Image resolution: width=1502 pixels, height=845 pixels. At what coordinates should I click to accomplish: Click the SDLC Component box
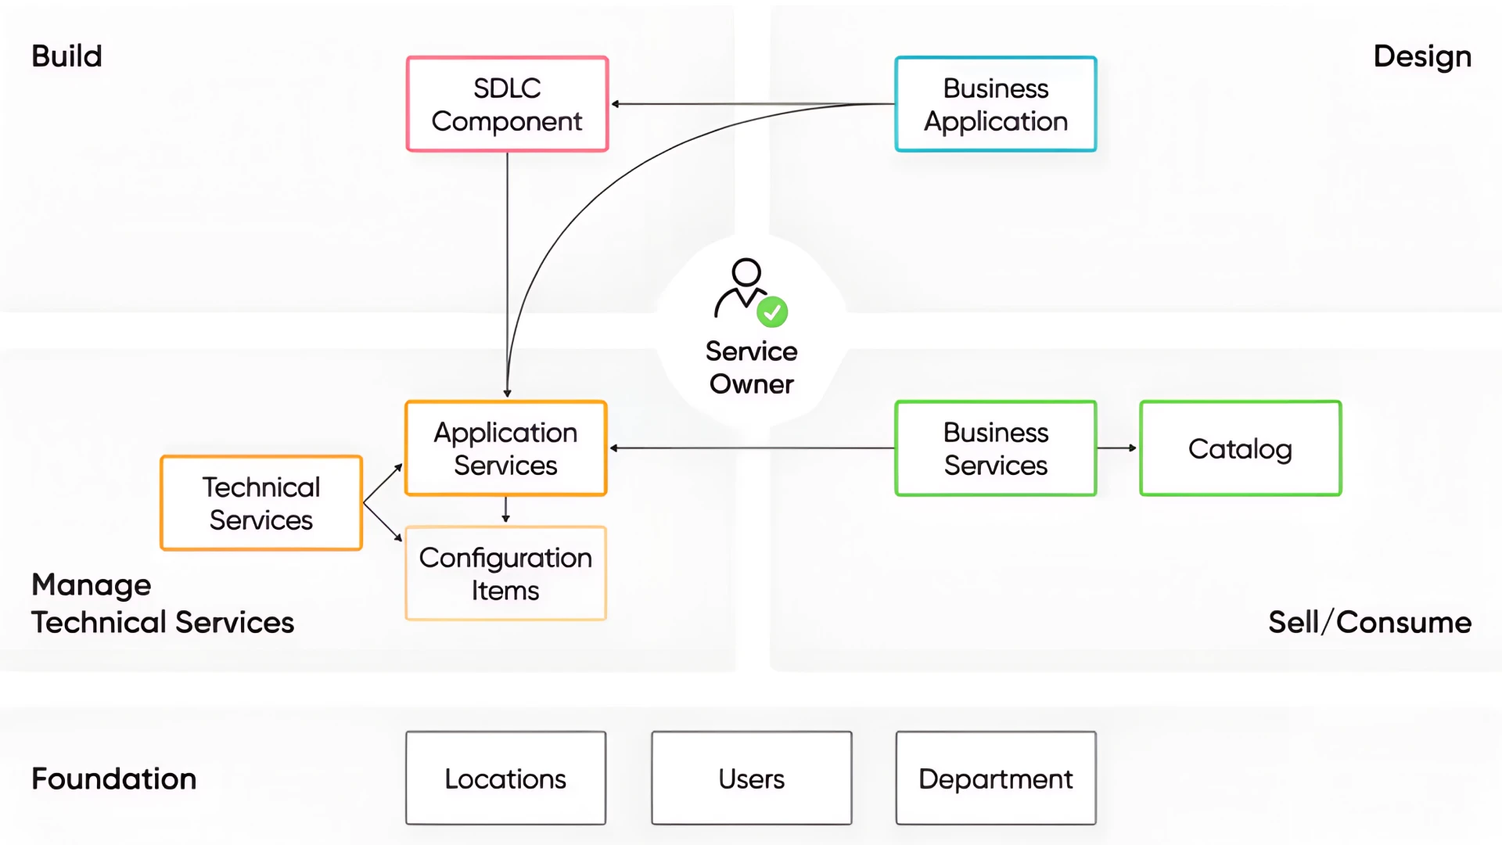[x=507, y=104]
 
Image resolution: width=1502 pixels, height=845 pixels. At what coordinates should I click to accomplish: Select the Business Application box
[x=995, y=104]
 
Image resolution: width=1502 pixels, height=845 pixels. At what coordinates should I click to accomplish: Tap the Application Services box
[x=505, y=448]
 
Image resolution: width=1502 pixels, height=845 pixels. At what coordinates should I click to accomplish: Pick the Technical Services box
[x=261, y=503]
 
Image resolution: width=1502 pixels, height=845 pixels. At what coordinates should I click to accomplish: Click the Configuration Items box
[x=505, y=574]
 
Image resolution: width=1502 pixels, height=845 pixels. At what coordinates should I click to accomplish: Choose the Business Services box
[x=995, y=448]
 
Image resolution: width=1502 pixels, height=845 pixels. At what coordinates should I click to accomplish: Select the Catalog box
[x=1240, y=448]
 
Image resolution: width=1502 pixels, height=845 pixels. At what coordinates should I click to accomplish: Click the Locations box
[x=505, y=778]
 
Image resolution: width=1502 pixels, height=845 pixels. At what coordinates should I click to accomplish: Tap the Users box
[x=751, y=778]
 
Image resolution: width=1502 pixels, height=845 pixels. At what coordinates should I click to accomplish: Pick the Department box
[x=995, y=778]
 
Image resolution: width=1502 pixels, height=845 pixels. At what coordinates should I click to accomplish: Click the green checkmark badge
[x=772, y=312]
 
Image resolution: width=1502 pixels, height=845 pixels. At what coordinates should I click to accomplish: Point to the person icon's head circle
[x=746, y=271]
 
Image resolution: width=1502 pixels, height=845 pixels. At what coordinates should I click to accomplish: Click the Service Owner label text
[x=751, y=368]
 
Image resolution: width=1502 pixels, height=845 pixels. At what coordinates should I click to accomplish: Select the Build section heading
[x=66, y=56]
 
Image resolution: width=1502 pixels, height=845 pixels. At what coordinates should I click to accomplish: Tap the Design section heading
[x=1422, y=56]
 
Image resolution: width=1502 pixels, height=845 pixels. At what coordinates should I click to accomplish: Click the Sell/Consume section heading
[x=1369, y=623]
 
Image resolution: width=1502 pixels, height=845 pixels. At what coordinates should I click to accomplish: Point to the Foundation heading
[x=113, y=779]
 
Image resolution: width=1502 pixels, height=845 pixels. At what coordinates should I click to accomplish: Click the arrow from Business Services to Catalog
[x=1117, y=448]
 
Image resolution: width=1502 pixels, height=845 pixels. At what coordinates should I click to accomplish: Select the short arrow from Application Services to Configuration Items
[x=505, y=510]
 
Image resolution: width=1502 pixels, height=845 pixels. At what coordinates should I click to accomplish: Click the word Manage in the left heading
[x=91, y=585]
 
